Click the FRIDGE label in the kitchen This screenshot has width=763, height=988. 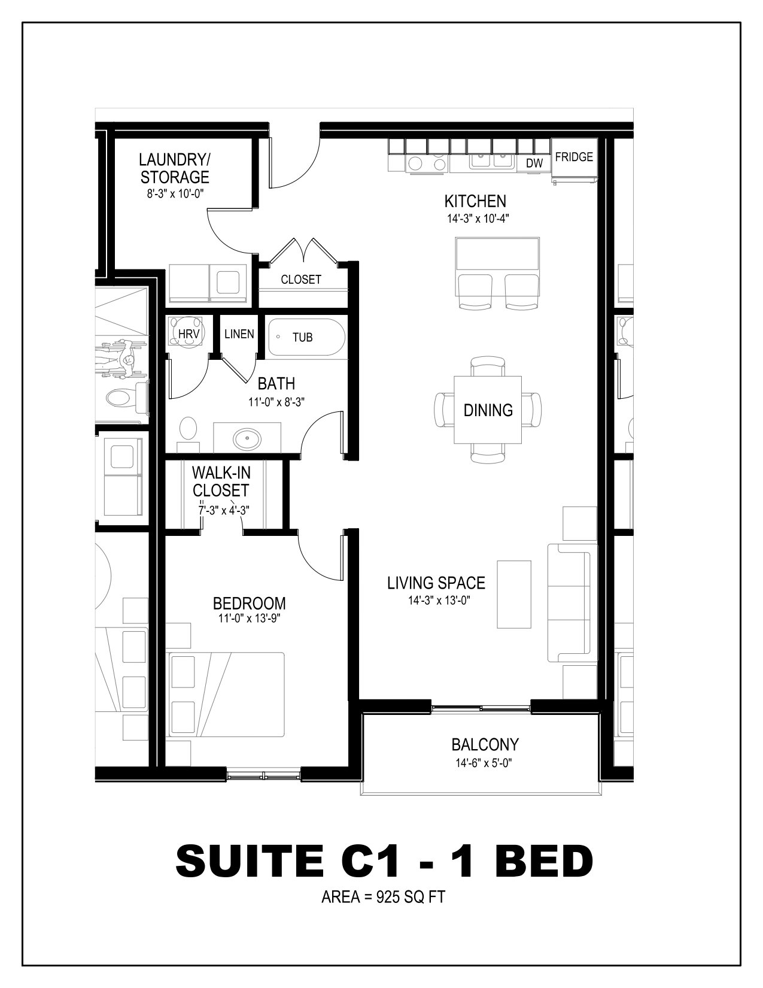(574, 157)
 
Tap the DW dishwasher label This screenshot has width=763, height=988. (534, 163)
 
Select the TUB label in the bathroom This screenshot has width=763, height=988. (303, 337)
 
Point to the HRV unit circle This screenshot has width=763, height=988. (189, 334)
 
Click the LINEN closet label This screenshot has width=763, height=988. (239, 334)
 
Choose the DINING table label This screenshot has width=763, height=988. (488, 410)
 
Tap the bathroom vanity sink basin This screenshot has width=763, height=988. (247, 439)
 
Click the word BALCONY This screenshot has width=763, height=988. (485, 745)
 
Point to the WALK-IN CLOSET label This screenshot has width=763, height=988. (221, 482)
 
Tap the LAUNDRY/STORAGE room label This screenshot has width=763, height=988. (175, 168)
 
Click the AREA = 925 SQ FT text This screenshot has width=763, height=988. (383, 897)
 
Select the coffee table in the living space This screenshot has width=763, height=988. (514, 594)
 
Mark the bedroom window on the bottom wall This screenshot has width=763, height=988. (263, 774)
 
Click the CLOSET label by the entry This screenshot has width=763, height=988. (301, 280)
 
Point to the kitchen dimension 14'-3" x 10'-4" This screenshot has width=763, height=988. (478, 219)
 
